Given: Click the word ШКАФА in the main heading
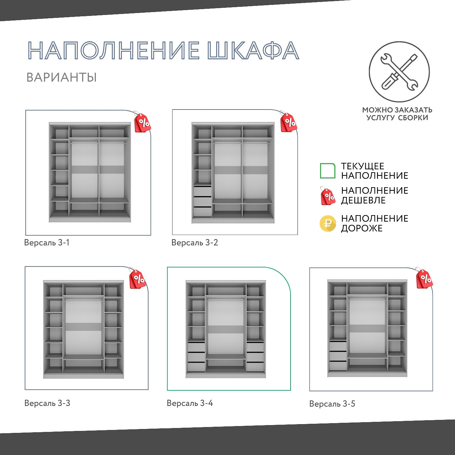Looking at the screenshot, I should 253,51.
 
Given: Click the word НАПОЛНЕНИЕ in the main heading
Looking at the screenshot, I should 113,51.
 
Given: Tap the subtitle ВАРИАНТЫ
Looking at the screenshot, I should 61,78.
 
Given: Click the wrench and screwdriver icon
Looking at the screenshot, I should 399,72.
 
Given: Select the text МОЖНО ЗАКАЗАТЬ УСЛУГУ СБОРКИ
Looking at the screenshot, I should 397,114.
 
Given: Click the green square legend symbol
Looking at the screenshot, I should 328,171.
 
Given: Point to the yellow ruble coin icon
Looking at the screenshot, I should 328,224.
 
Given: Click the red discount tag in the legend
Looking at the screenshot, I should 328,196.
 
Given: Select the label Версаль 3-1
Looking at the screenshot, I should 47,243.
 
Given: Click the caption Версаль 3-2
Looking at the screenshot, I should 194,243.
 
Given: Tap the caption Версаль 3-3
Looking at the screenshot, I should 47,403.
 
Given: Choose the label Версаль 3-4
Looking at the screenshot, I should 189,403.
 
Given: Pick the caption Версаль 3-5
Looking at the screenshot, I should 332,404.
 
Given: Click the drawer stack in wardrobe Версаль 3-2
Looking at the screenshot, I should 202,201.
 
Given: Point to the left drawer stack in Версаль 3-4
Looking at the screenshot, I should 196,357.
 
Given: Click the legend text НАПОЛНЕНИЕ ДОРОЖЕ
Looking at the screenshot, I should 374,223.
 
